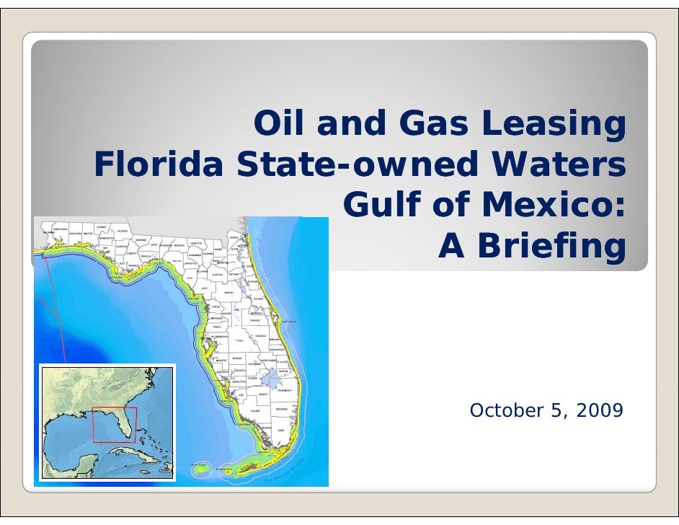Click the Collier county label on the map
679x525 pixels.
coord(254,410)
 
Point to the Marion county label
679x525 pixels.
coord(228,294)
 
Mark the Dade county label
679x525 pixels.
coord(281,430)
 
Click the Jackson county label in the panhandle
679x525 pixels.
coord(122,231)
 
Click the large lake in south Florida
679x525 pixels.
coord(270,379)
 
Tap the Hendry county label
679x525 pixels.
coord(263,395)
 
